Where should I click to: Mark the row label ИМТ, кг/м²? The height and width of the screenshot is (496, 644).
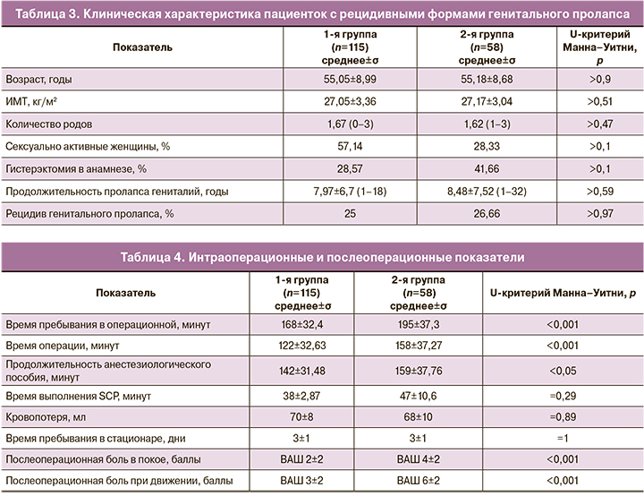click(x=36, y=101)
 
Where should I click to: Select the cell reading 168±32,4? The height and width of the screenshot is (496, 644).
click(x=301, y=321)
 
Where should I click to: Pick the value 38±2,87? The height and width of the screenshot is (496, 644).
click(x=301, y=395)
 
